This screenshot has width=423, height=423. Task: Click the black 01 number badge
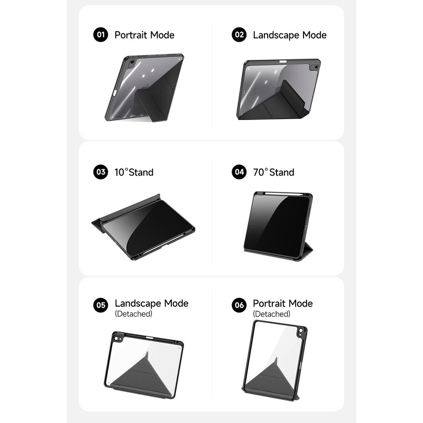100,34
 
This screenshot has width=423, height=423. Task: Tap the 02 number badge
239,34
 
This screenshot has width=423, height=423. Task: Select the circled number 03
100,172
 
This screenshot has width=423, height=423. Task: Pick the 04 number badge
239,172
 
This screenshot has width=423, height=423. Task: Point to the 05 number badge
100,305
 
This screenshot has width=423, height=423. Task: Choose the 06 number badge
239,305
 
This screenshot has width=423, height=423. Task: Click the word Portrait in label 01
131,35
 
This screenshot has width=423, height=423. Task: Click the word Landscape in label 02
276,35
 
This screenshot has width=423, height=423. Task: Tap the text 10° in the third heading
121,172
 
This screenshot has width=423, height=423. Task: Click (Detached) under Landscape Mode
134,314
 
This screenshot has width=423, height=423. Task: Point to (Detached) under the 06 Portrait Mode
272,314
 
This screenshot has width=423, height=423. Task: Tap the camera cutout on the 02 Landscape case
315,67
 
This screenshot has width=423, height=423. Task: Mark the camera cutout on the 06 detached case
301,333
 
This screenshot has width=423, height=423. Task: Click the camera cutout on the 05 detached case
117,338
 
